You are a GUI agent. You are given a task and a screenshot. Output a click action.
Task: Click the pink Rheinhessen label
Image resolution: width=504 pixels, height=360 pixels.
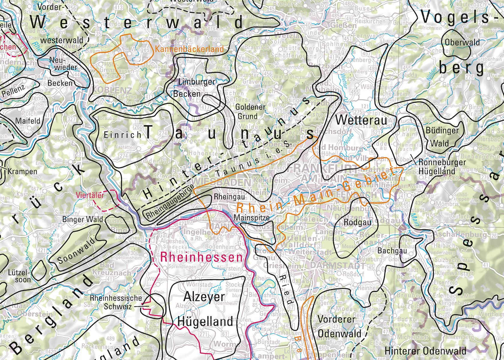pyautogui.click(x=201, y=257)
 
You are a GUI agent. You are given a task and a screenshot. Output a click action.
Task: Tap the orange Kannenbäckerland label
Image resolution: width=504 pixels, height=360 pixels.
pyautogui.click(x=190, y=49)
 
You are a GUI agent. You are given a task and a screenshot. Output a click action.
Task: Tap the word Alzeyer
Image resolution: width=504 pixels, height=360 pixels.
pyautogui.click(x=204, y=297)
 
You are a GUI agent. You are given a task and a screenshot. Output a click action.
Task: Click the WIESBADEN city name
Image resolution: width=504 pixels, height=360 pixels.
pyautogui.click(x=221, y=182)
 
